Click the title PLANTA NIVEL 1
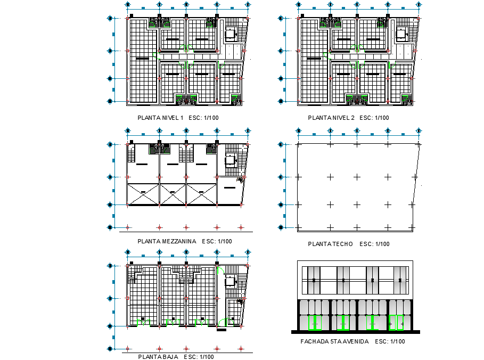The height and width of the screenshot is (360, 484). tap(160, 118)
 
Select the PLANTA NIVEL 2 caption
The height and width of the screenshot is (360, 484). tap(331, 118)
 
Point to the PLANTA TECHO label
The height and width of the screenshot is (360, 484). tap(330, 244)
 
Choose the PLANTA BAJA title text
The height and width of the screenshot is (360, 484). tap(157, 356)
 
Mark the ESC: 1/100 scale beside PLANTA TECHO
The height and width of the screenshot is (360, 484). tap(374, 244)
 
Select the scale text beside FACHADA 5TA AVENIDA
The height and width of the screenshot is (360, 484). tap(390, 341)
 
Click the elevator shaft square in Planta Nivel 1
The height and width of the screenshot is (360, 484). tap(231, 34)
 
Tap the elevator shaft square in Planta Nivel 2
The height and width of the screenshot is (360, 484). tap(401, 34)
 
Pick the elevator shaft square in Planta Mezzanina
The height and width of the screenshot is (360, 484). tap(231, 159)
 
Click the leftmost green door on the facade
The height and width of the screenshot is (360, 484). tap(313, 323)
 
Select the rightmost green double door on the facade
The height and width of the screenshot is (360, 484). tap(396, 323)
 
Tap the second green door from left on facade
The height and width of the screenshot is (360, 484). tap(342, 323)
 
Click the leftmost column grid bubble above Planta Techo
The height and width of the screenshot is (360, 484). tap(299, 131)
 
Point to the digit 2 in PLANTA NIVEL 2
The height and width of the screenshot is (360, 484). tap(350, 118)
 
